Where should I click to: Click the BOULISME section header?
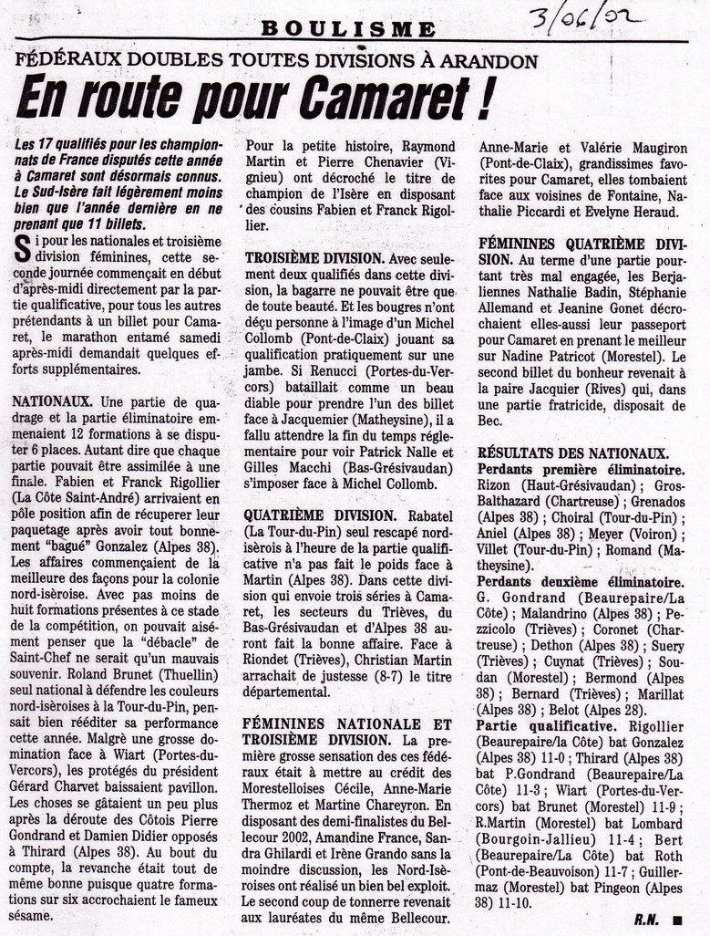click(348, 29)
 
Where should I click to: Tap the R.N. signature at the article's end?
click(648, 920)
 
